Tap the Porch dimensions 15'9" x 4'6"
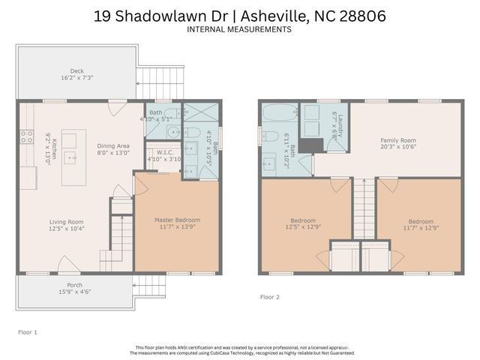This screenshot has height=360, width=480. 76,291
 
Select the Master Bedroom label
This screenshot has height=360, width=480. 177,220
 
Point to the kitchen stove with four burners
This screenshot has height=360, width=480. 25,136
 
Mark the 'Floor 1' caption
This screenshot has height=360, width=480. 27,331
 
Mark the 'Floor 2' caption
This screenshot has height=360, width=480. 269,297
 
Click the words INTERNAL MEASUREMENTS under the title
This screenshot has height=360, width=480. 240,29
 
